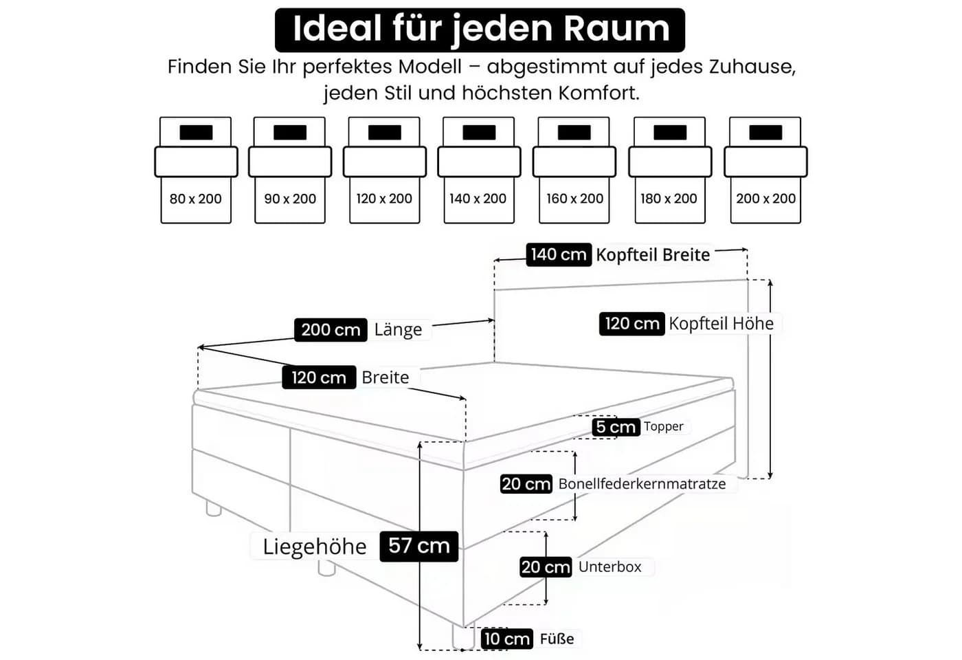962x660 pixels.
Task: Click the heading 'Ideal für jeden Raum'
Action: tap(481, 29)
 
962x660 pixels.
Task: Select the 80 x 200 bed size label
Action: tap(195, 199)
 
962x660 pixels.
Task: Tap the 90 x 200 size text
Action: tap(290, 199)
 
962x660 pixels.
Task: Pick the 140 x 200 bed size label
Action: tap(478, 199)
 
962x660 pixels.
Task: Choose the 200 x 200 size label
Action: tap(765, 199)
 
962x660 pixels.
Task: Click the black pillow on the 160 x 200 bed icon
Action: tap(574, 132)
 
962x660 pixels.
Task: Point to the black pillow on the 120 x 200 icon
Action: tap(384, 132)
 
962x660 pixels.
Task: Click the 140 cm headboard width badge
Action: tap(559, 255)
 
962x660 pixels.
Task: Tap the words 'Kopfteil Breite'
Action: tap(653, 255)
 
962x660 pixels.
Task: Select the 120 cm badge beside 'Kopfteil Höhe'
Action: tap(631, 324)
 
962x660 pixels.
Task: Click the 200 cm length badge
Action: tap(331, 330)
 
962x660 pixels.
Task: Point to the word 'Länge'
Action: tap(398, 330)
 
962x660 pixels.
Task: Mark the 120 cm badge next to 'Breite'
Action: tap(319, 377)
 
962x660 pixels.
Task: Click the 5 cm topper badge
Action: tap(616, 427)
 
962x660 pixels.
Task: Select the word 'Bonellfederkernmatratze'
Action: tap(642, 484)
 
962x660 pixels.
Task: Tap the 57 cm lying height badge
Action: tap(418, 546)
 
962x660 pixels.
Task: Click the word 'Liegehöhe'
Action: tap(315, 547)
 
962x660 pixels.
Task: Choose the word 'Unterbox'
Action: tap(610, 566)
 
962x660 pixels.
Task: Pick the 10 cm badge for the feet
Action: tap(507, 639)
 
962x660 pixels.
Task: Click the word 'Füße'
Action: tap(557, 639)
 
